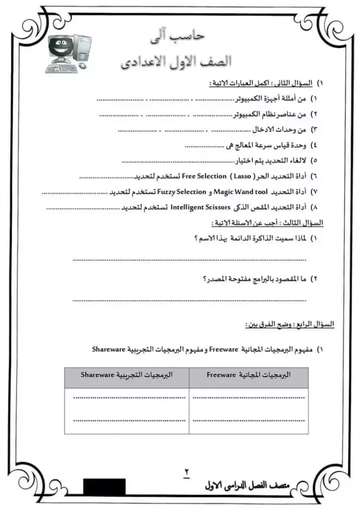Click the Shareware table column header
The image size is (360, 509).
(127, 373)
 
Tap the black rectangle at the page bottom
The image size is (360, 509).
(104, 486)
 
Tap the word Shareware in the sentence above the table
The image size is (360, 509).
(108, 349)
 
